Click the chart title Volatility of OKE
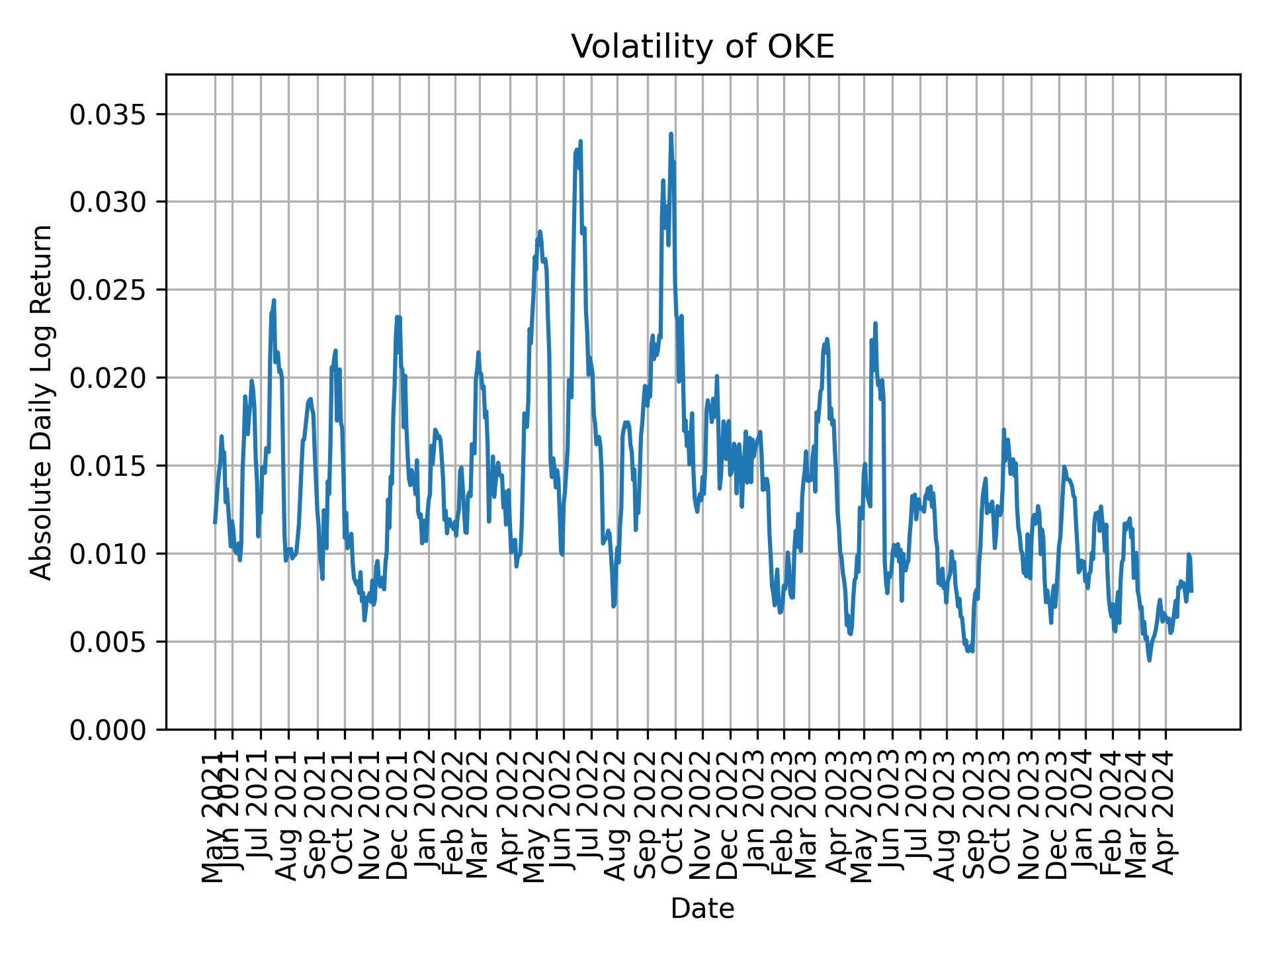[x=702, y=48]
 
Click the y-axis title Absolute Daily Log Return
[x=42, y=402]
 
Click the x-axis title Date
[x=702, y=909]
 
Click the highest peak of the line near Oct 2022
[x=671, y=134]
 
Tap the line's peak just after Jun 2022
[x=580, y=142]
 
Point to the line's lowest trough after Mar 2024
[x=1150, y=660]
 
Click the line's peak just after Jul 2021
[x=274, y=300]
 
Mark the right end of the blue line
[x=1191, y=590]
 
